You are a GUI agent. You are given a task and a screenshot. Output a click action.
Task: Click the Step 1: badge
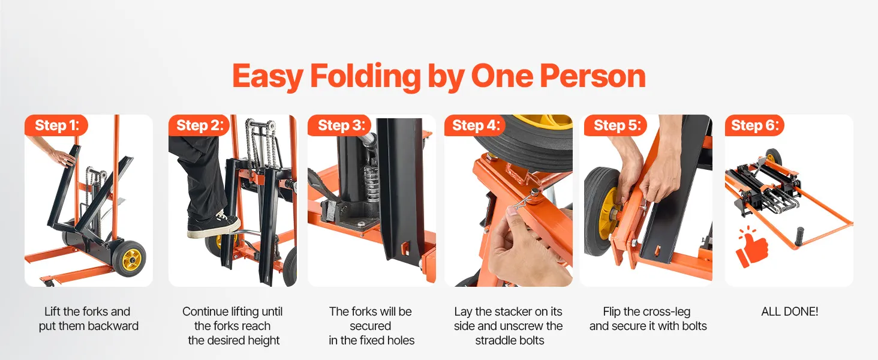[56, 125]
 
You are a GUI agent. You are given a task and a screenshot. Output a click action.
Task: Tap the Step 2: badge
[199, 125]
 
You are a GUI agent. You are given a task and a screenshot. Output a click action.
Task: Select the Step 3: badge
[339, 125]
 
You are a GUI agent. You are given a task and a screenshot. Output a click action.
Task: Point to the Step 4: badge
[476, 125]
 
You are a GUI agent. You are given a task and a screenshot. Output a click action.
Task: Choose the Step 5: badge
[615, 125]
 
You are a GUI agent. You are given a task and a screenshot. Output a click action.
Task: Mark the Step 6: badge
[754, 125]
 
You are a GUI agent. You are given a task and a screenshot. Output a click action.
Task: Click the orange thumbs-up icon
[751, 247]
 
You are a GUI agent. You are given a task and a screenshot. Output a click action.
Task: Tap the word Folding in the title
[365, 77]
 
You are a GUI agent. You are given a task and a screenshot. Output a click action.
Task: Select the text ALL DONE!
[789, 311]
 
